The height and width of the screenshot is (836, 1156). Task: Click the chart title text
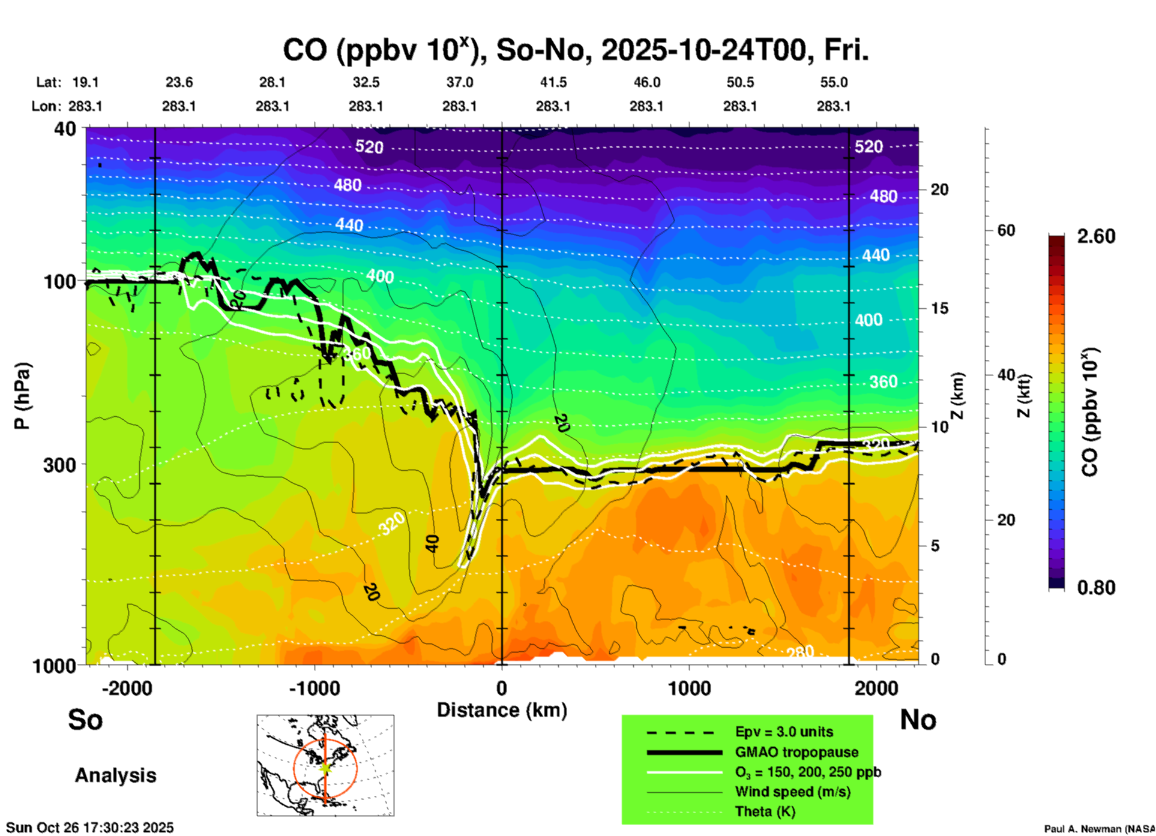(575, 50)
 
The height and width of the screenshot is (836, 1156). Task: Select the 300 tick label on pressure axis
(59, 465)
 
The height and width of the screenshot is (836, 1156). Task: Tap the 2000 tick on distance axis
(876, 688)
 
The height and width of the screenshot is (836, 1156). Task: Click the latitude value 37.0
(459, 82)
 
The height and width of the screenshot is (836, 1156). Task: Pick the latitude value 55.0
(834, 82)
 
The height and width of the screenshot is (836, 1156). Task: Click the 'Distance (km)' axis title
(502, 710)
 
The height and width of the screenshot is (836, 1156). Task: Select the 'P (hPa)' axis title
(22, 396)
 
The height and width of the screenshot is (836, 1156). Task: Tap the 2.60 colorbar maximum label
(1096, 236)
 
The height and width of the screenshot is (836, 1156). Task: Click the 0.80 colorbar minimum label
(1096, 588)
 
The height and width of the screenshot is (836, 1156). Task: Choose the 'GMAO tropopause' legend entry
(796, 752)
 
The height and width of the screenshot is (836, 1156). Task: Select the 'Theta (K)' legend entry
(765, 811)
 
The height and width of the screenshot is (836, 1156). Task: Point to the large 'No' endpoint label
(918, 720)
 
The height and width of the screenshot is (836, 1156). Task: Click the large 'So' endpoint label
(85, 720)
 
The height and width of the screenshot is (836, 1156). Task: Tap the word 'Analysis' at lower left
(115, 775)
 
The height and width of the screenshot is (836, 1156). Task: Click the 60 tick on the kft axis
(1006, 230)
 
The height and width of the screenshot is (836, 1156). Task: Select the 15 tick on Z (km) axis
(939, 308)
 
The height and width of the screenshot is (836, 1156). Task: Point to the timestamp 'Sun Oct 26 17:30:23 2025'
(90, 828)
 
